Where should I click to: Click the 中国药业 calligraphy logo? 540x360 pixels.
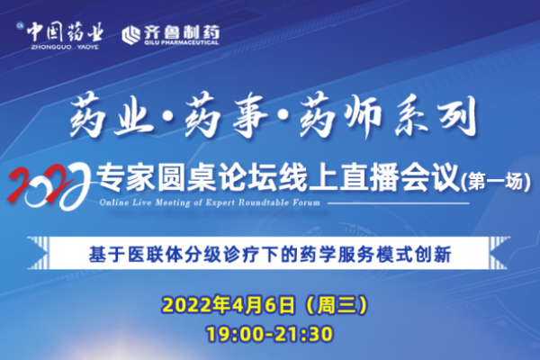tap(65, 32)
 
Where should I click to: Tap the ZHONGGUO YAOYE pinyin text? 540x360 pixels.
tap(65, 47)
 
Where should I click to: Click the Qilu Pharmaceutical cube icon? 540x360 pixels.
tap(130, 35)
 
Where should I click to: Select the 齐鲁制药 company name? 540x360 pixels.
tap(182, 32)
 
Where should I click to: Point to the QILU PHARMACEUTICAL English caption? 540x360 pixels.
tap(182, 42)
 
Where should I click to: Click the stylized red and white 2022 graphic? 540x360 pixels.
tap(49, 185)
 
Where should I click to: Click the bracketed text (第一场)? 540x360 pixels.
tap(495, 182)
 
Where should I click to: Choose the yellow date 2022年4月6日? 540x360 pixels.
tap(229, 305)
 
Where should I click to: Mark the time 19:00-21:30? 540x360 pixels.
tap(270, 334)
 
